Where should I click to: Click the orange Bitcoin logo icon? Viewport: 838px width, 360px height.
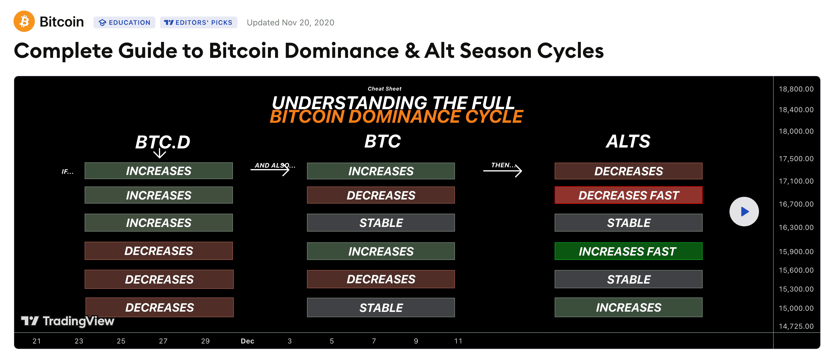click(x=24, y=22)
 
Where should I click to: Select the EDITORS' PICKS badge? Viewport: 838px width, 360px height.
click(x=198, y=22)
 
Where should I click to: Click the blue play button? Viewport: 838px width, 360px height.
click(x=744, y=212)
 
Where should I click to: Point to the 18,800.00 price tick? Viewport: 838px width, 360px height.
click(x=796, y=89)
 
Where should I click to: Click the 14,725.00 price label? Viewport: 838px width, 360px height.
click(x=796, y=326)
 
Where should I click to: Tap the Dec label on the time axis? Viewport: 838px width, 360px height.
click(x=247, y=341)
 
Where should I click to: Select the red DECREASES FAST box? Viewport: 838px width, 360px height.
click(x=629, y=195)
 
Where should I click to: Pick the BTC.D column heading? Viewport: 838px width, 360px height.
click(x=163, y=142)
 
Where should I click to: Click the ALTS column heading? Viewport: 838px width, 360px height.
click(x=628, y=142)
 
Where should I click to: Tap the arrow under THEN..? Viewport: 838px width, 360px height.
click(x=503, y=171)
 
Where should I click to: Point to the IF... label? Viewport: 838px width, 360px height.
click(x=68, y=171)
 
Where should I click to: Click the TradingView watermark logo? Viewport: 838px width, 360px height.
click(x=68, y=321)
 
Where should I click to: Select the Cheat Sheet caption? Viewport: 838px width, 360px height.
click(x=385, y=89)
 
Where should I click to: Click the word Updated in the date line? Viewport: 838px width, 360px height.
click(x=263, y=23)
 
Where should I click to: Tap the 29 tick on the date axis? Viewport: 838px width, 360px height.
click(x=205, y=341)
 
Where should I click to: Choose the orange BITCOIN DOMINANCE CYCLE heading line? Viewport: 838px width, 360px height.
click(x=396, y=117)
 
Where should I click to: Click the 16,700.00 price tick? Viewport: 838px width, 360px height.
click(x=796, y=204)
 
